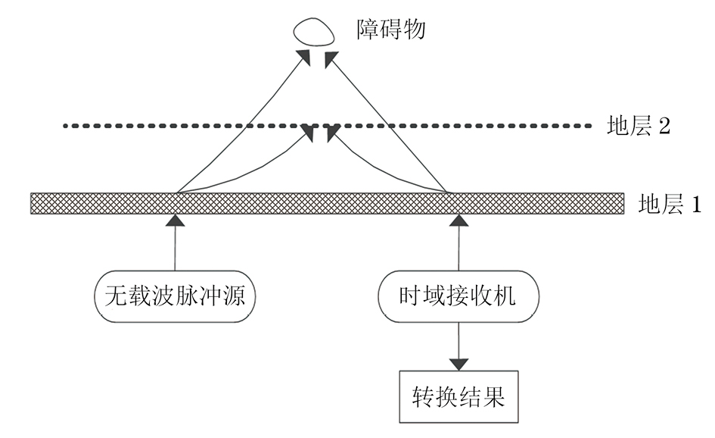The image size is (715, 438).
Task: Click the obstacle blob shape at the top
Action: click(x=312, y=32)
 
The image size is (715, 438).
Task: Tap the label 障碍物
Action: click(x=391, y=30)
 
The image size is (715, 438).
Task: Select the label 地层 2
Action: click(x=639, y=126)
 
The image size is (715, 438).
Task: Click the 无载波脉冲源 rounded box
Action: click(x=175, y=294)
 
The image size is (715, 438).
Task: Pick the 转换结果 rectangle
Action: click(x=459, y=396)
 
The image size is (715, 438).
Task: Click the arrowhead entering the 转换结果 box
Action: click(x=459, y=362)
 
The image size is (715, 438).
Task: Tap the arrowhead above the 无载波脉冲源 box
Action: click(x=175, y=221)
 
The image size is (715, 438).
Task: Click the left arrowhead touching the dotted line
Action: click(x=309, y=133)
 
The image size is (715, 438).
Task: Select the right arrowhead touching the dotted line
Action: click(x=330, y=133)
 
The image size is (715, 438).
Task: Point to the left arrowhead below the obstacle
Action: click(x=304, y=57)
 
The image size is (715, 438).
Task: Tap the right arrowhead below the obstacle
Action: click(x=329, y=58)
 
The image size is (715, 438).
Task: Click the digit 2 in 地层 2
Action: click(x=664, y=126)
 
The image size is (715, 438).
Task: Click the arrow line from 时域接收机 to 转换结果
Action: click(x=458, y=337)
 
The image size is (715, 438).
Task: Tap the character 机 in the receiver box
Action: click(x=505, y=294)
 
